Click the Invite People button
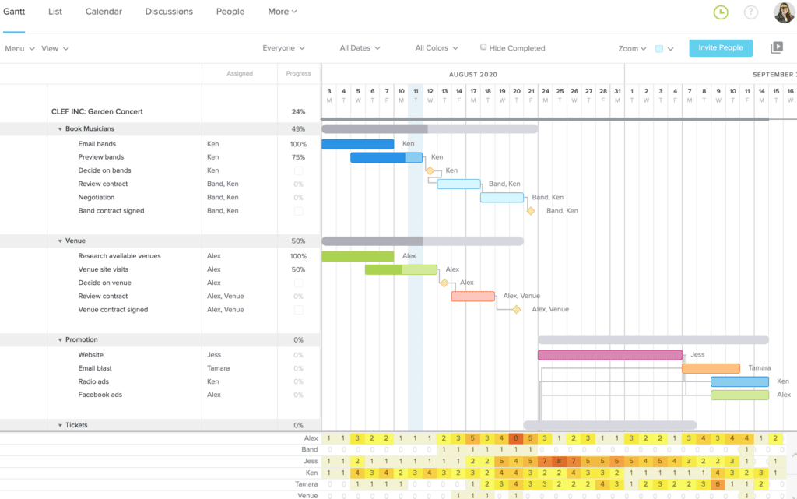click(720, 48)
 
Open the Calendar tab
click(104, 12)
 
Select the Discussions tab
click(169, 12)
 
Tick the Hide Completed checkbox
click(483, 47)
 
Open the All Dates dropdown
click(360, 48)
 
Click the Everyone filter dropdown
click(283, 48)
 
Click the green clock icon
click(721, 12)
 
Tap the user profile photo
click(784, 12)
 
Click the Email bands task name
click(97, 144)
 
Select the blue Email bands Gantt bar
click(357, 144)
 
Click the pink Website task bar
click(609, 355)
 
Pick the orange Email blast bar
click(711, 368)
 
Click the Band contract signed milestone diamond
click(531, 211)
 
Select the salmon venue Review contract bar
click(472, 297)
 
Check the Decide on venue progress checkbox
click(298, 283)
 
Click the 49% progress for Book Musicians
click(298, 129)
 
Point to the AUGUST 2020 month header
click(472, 75)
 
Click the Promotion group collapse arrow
click(60, 340)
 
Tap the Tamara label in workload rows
click(307, 483)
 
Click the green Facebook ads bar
click(739, 395)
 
